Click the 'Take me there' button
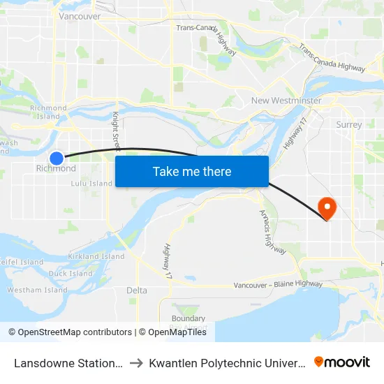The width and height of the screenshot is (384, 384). (192, 172)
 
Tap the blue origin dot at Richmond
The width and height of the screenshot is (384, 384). (57, 158)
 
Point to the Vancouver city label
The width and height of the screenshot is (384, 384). (80, 16)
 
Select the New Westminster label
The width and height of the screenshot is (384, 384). (286, 101)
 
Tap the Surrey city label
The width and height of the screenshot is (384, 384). (349, 125)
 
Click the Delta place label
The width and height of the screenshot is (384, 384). (137, 290)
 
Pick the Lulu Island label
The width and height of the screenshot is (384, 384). (91, 184)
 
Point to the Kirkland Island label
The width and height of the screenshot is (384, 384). (96, 257)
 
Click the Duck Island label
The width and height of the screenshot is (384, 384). (71, 274)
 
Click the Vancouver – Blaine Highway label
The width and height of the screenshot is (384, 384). (278, 285)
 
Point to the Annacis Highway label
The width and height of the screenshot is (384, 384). (268, 228)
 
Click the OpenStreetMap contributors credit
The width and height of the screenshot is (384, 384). (70, 332)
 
